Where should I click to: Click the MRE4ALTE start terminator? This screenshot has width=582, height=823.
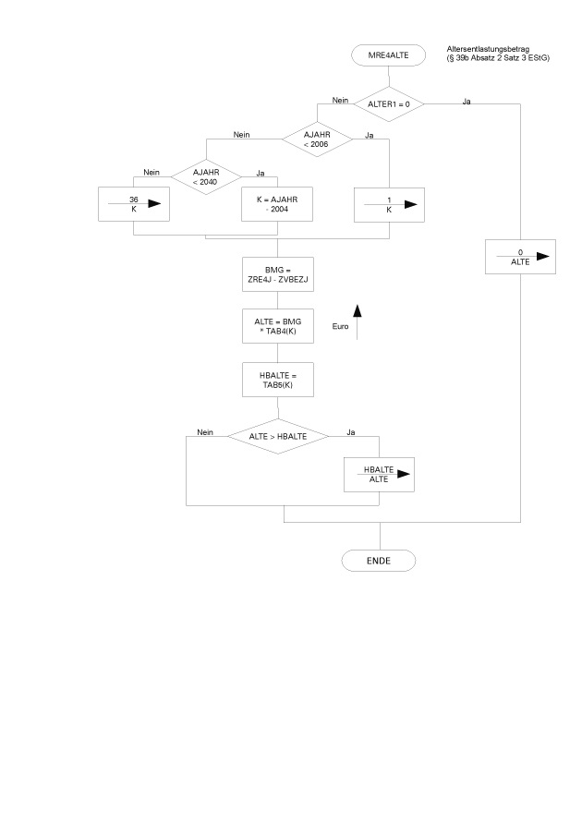[x=388, y=54]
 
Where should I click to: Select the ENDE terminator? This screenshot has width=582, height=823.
[x=379, y=560]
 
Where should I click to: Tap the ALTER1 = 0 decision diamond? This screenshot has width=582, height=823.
[x=388, y=103]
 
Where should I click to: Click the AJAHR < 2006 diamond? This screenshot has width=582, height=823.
[x=316, y=139]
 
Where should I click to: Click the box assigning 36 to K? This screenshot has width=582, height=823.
[x=134, y=205]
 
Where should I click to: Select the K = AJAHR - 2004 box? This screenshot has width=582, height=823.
[x=277, y=205]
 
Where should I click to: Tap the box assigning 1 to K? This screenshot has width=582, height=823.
[x=389, y=205]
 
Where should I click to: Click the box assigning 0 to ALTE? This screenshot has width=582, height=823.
[x=521, y=257]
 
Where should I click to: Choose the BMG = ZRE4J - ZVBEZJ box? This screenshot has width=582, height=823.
[x=277, y=273]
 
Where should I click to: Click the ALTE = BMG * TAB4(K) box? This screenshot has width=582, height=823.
[x=277, y=326]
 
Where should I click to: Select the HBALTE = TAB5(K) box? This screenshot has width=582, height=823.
[x=277, y=378]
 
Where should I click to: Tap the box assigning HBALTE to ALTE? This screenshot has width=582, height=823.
[x=379, y=476]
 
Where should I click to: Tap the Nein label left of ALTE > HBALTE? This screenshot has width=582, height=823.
[x=205, y=431]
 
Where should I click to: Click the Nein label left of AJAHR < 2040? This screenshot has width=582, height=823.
[x=152, y=171]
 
